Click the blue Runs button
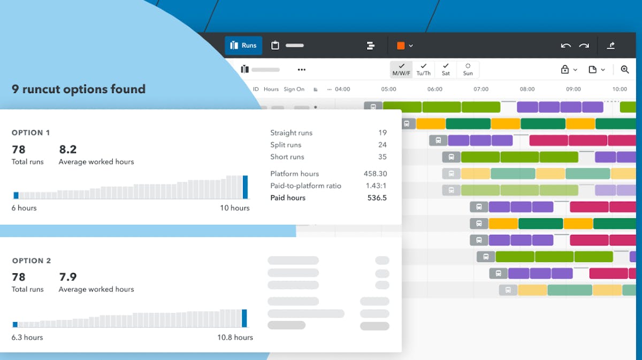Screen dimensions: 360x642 pos(243,45)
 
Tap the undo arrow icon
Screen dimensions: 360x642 pos(565,46)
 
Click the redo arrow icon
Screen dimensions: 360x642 pos(584,46)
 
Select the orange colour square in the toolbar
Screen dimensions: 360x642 pos(401,46)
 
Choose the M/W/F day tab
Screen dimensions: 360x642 pos(401,70)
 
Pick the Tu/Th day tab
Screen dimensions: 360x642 pos(423,70)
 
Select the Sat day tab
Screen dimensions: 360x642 pos(446,70)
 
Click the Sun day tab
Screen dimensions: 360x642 pos(468,70)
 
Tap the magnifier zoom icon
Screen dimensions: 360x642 pos(625,70)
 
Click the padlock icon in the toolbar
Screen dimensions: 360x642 pos(565,70)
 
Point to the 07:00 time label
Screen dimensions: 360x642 pos(481,89)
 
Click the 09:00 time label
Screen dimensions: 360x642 pos(574,89)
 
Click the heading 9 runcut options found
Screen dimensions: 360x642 pos(79,89)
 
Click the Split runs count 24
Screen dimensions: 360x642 pos(382,145)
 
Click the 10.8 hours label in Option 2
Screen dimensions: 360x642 pos(235,338)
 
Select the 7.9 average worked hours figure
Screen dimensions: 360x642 pos(68,277)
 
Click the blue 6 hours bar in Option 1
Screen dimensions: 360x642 pos(16,196)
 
